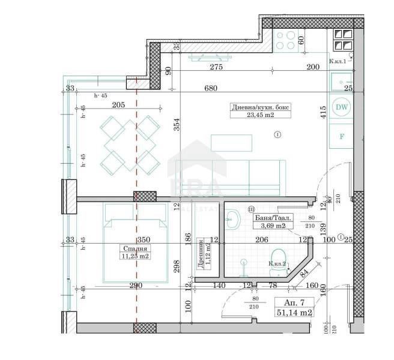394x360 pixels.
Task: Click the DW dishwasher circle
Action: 342,107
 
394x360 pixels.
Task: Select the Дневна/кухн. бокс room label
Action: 260,107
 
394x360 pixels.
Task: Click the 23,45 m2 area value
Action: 260,115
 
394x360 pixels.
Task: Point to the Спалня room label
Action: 135,247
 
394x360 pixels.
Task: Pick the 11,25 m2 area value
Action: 135,256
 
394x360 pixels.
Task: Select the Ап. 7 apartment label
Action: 293,302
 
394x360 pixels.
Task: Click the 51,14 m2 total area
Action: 294,312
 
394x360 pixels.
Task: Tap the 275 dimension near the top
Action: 216,68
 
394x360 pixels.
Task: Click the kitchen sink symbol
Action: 342,82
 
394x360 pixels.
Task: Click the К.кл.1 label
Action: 338,61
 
